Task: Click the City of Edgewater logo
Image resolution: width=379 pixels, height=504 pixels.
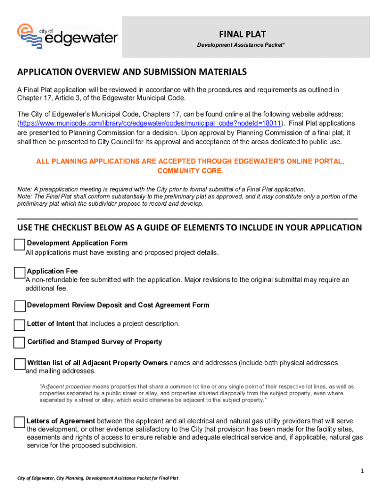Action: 67,36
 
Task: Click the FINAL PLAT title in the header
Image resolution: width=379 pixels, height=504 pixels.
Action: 242,34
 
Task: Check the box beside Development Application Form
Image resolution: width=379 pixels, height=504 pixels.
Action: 19,245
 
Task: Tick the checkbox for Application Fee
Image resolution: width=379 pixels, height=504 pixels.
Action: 20,273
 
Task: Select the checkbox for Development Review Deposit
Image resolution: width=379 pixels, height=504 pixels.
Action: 20,306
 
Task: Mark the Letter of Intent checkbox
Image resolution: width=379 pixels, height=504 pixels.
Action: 19,325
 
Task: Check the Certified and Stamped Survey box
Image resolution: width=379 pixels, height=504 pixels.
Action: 19,343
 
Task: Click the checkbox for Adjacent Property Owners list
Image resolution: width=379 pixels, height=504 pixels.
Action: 20,364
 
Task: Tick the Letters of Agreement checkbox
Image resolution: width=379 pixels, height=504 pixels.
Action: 19,422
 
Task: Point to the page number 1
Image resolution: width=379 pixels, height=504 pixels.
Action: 362,471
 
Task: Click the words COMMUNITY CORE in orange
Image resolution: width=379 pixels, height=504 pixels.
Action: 190,171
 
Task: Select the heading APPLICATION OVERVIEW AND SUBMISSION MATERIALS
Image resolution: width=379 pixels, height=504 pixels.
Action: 132,72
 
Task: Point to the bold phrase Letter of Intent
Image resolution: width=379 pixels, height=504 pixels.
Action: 51,324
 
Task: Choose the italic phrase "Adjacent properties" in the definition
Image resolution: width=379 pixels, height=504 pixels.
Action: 65,387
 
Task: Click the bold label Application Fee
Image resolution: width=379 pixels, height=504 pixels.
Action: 52,271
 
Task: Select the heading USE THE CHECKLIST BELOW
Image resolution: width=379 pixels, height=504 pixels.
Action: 189,228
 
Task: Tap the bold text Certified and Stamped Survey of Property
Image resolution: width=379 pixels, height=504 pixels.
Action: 95,342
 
